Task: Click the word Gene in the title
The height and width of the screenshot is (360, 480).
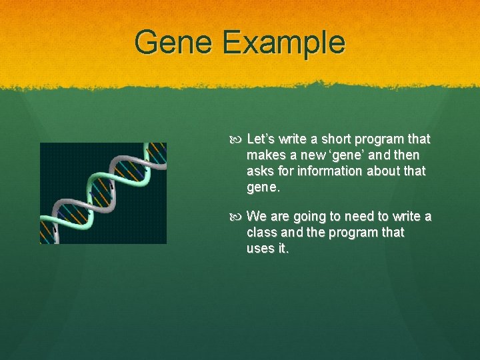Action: (174, 43)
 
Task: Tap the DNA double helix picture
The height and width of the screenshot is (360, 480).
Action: (103, 193)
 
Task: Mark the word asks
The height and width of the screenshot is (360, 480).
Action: (260, 171)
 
